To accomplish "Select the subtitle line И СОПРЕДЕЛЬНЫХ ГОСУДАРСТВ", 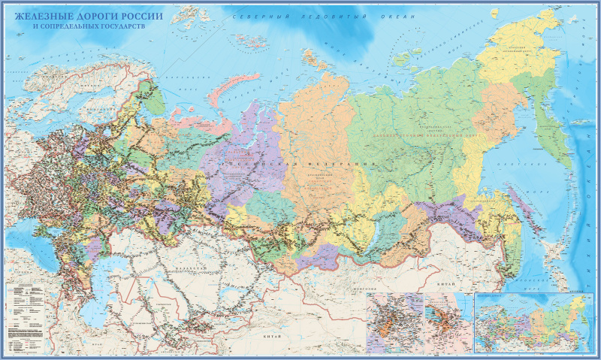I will (x=89, y=26).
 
